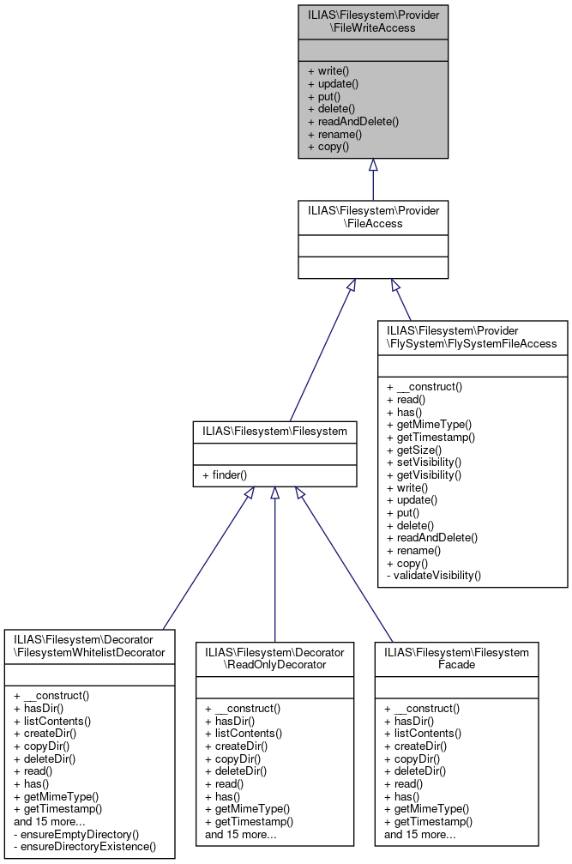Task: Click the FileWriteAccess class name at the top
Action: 373,21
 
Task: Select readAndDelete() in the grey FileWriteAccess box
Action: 352,122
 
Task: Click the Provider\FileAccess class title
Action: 373,216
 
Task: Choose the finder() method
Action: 225,474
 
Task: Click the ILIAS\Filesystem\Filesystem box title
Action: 274,431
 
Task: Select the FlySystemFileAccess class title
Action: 473,337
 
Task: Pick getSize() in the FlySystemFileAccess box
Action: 414,450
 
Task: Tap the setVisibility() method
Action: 424,462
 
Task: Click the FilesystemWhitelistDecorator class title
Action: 89,645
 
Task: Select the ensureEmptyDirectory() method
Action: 76,834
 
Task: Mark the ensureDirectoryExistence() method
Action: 85,847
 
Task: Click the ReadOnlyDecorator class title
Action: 274,658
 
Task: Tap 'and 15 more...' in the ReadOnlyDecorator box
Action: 241,834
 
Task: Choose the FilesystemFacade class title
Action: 456,658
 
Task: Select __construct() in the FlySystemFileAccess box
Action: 424,386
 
